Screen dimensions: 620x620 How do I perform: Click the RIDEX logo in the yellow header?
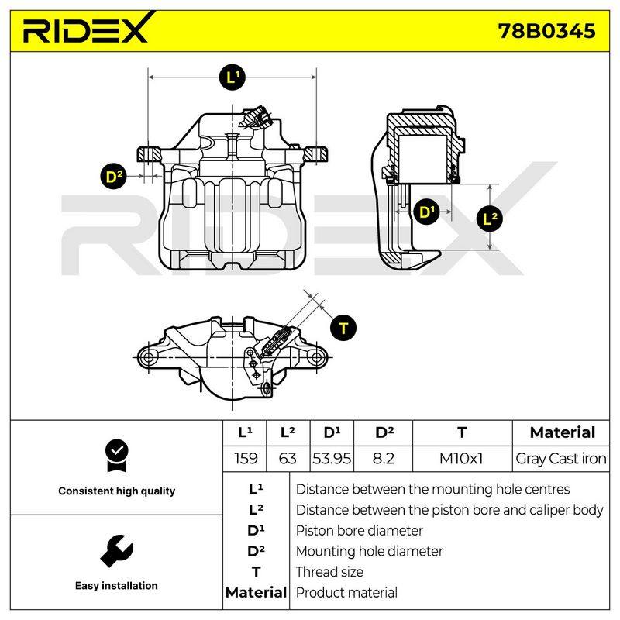coord(87,29)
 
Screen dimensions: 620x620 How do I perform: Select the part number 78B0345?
coord(546,31)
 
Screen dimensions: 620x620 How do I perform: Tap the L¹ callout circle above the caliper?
coord(232,77)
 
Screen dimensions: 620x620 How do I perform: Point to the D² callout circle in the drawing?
coord(114,176)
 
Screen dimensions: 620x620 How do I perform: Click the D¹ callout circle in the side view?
coord(425,212)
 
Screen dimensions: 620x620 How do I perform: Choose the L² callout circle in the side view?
coord(490,219)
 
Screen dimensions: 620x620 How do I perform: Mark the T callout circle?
coord(343,328)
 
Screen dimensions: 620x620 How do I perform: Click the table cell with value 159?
coord(246,459)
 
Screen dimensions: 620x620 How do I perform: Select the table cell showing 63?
coord(288,459)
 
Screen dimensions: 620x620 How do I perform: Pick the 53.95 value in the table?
coord(332,459)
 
